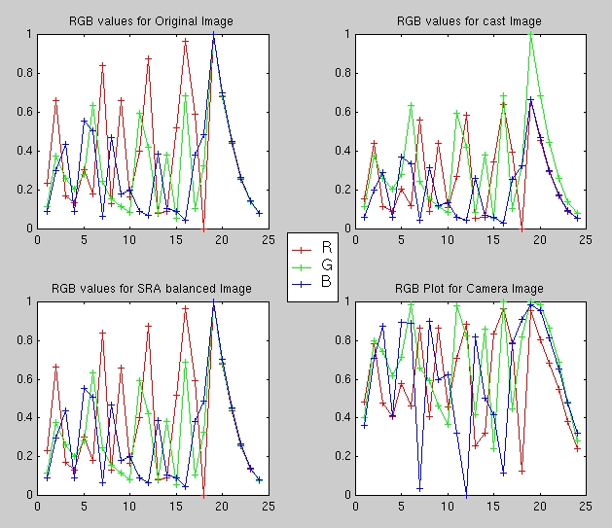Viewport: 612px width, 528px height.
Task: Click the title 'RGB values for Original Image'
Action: tap(150, 20)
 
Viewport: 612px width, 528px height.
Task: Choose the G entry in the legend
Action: tap(325, 266)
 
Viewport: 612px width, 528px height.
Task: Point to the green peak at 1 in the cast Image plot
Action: tap(530, 34)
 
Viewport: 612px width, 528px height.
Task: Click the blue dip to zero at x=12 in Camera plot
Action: tap(466, 494)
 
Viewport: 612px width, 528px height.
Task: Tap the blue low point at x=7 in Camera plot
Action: tap(420, 487)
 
